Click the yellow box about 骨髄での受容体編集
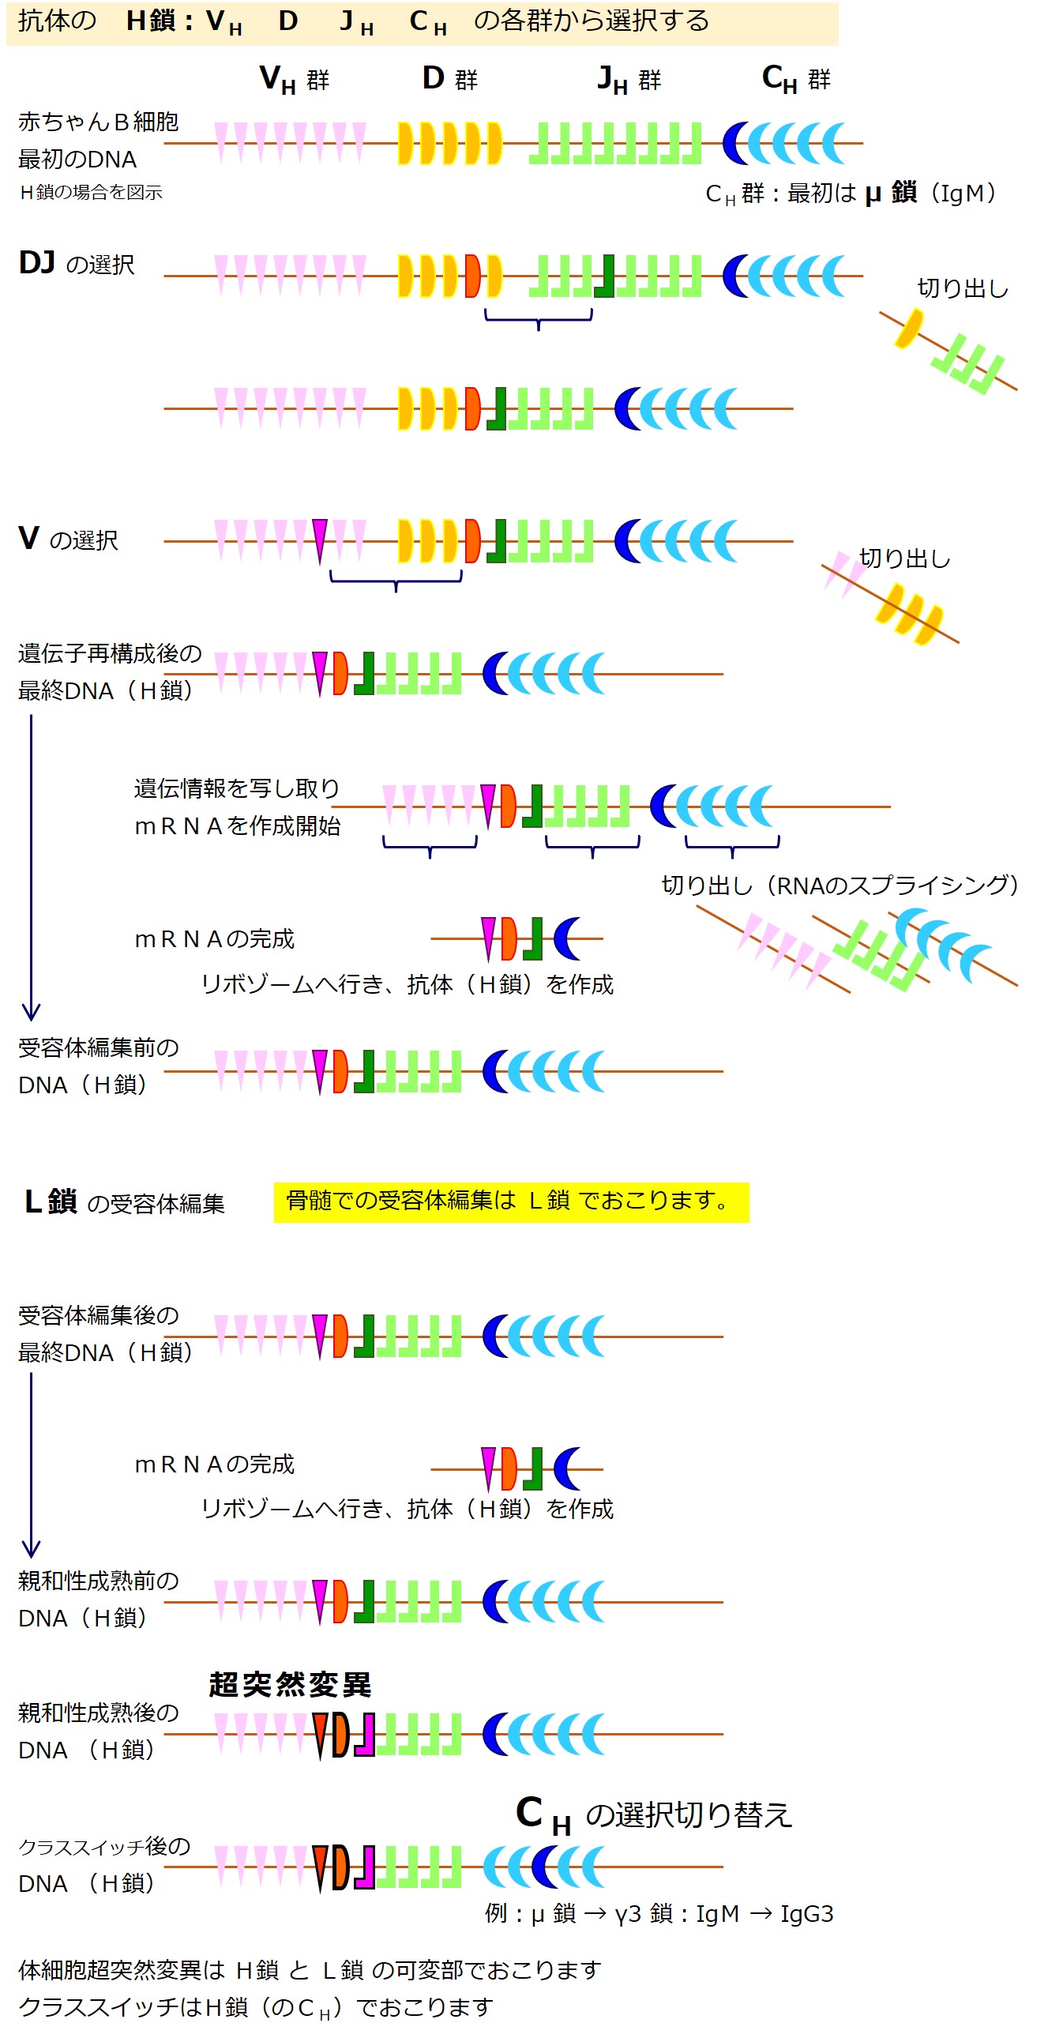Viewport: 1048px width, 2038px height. (x=511, y=1201)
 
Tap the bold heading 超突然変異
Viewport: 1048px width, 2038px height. (x=290, y=1684)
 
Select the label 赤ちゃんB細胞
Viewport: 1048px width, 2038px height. (x=98, y=122)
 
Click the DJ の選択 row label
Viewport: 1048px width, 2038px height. (x=76, y=263)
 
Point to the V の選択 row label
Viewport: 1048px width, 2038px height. (x=68, y=540)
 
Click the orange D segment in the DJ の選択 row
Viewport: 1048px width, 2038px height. (x=472, y=276)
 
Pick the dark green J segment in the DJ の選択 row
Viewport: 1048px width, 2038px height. (x=605, y=276)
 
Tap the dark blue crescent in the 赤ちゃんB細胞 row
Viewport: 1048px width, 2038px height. (x=734, y=143)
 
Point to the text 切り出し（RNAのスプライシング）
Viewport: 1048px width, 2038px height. (x=840, y=885)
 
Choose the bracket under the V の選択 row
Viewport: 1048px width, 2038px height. (x=396, y=581)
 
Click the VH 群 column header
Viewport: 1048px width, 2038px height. (x=294, y=79)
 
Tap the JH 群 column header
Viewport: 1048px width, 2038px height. (x=629, y=79)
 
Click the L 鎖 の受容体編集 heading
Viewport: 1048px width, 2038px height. (x=124, y=1202)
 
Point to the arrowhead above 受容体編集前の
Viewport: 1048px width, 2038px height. (x=31, y=1011)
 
